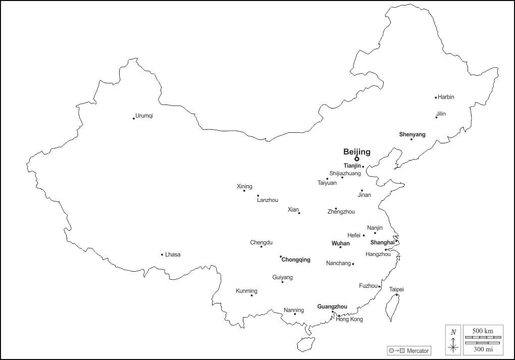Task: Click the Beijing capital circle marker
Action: [x=357, y=159]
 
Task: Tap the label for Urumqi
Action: [x=144, y=116]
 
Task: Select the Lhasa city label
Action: [x=173, y=254]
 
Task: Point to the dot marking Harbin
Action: [x=436, y=97]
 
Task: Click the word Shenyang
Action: [x=412, y=134]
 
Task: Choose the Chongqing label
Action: [x=296, y=260]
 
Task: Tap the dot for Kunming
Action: [x=251, y=295]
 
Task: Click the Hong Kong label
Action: [x=349, y=319]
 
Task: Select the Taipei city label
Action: [x=396, y=289]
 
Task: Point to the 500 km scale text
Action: [x=483, y=330]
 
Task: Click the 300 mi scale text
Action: [x=483, y=348]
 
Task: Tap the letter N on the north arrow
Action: [x=453, y=332]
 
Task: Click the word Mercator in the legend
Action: [x=418, y=350]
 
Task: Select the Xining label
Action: [x=244, y=186]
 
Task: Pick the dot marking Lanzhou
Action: [x=258, y=196]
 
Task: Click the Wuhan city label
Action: [x=340, y=243]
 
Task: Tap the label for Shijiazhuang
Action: [x=345, y=173]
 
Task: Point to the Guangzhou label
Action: [x=332, y=306]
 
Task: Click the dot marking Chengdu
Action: [x=261, y=246]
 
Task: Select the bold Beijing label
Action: [x=356, y=151]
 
